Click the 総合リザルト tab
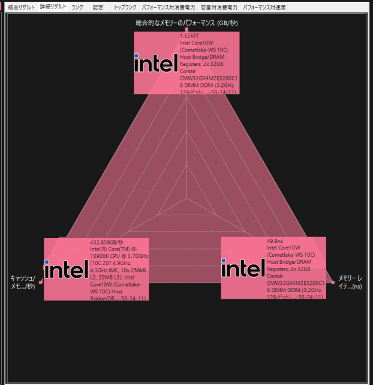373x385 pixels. [21, 7]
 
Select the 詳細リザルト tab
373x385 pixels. [53, 7]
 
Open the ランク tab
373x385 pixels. [77, 7]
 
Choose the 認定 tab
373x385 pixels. [98, 7]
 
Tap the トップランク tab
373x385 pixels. [125, 7]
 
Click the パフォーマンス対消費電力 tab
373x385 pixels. [169, 7]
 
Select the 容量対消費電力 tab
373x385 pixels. [219, 7]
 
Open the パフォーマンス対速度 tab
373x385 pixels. [264, 7]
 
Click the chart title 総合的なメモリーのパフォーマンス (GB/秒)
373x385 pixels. [186, 23]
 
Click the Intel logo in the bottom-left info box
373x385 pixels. [66, 269]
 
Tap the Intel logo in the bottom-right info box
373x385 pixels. [243, 268]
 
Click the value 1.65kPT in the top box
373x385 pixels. [190, 36]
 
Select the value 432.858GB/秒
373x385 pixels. [107, 242]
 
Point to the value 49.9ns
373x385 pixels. [275, 241]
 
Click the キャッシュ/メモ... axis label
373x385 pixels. [23, 282]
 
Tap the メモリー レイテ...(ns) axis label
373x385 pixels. [350, 282]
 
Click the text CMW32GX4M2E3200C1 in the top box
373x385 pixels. [209, 78]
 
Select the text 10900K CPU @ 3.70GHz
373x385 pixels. [119, 256]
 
